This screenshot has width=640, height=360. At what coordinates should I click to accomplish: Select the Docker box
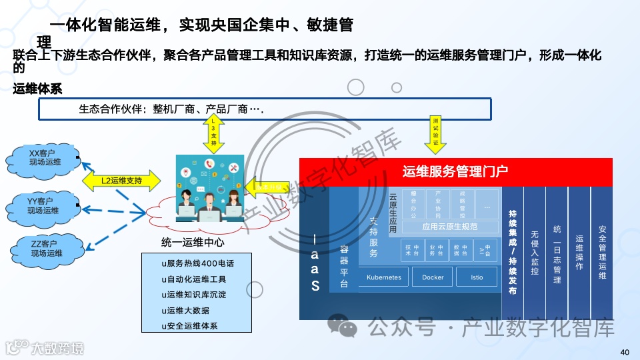433,277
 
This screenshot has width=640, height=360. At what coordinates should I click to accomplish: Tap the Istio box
477,277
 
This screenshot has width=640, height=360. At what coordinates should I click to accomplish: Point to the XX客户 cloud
44,157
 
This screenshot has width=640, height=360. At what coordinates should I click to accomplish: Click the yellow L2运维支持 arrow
122,180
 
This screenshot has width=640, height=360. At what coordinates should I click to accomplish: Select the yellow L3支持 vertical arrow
213,132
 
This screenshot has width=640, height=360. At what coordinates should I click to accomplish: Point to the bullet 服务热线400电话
198,263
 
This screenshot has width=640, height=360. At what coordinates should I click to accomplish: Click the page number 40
625,352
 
